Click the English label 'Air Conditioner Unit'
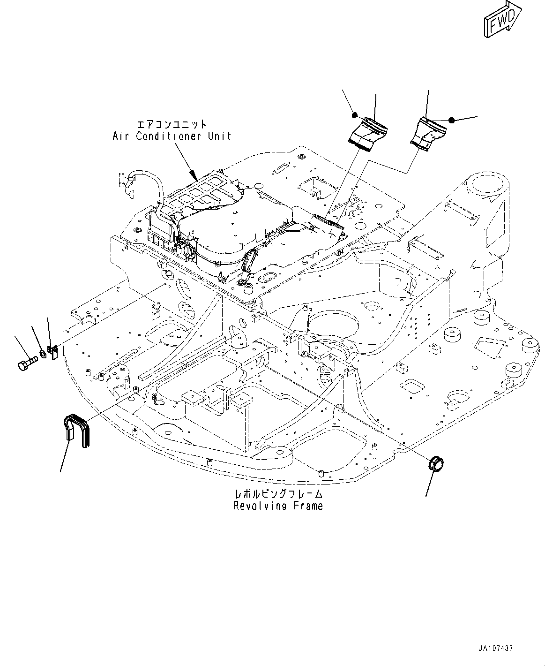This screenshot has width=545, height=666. [172, 136]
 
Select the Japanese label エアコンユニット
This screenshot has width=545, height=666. [172, 124]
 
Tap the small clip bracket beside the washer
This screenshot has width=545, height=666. [52, 352]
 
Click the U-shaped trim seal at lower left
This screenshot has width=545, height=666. [77, 430]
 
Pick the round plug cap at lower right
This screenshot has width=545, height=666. [435, 463]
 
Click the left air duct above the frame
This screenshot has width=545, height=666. [367, 134]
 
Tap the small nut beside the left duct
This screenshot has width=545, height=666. [354, 114]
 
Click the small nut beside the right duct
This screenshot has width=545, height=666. [452, 120]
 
